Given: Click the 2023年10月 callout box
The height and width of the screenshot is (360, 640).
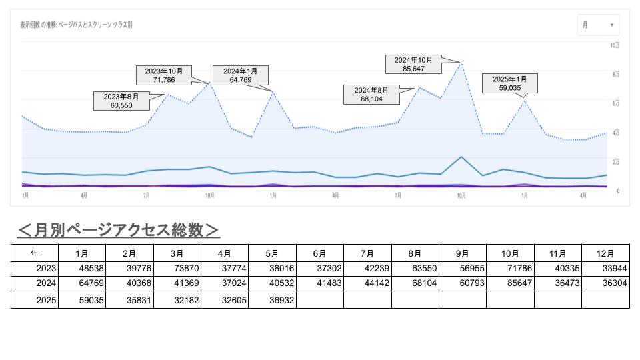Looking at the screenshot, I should [163, 75].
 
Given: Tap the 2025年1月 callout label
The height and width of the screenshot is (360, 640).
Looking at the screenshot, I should [509, 83].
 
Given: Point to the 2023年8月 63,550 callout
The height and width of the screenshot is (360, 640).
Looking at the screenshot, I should [121, 101].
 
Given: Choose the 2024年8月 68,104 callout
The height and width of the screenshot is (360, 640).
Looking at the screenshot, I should [371, 95].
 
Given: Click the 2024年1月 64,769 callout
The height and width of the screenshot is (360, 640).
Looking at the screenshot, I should [239, 75].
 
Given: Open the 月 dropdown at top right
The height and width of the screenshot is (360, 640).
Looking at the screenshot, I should [598, 25].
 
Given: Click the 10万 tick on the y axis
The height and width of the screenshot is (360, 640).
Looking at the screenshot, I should [615, 45].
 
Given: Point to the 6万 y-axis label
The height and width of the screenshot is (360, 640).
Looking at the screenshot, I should [616, 103].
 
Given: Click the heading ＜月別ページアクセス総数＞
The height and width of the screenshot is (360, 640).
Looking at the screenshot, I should [118, 230].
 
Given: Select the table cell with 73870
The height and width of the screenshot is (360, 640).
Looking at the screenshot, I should [177, 269].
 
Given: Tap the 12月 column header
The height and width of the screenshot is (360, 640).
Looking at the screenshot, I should [605, 253].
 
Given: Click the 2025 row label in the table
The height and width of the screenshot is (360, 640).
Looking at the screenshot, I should [35, 300].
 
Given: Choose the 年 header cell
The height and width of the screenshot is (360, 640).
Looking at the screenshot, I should [35, 253].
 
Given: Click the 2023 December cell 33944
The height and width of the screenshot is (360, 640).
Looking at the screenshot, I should [605, 269].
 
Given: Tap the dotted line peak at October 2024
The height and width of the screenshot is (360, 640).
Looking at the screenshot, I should [461, 62].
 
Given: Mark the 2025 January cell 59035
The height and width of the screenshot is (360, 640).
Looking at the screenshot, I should [82, 300].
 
